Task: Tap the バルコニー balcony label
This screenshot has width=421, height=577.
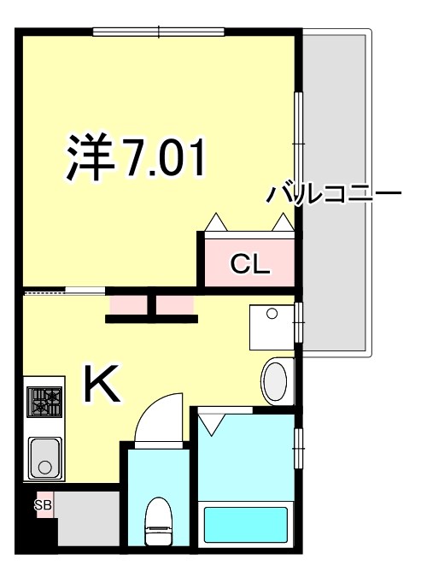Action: click(x=333, y=193)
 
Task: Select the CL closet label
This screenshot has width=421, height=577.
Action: click(x=250, y=264)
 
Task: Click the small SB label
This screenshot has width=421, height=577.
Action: click(x=43, y=505)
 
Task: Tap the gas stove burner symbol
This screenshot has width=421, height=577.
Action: click(x=46, y=402)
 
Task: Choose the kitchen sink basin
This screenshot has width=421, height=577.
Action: click(x=46, y=457)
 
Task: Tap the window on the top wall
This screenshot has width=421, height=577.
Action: click(x=160, y=32)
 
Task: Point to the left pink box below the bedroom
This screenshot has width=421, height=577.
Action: click(x=127, y=304)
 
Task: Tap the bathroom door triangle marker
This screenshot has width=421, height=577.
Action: click(x=212, y=421)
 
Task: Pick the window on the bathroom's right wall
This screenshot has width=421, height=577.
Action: click(x=298, y=444)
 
